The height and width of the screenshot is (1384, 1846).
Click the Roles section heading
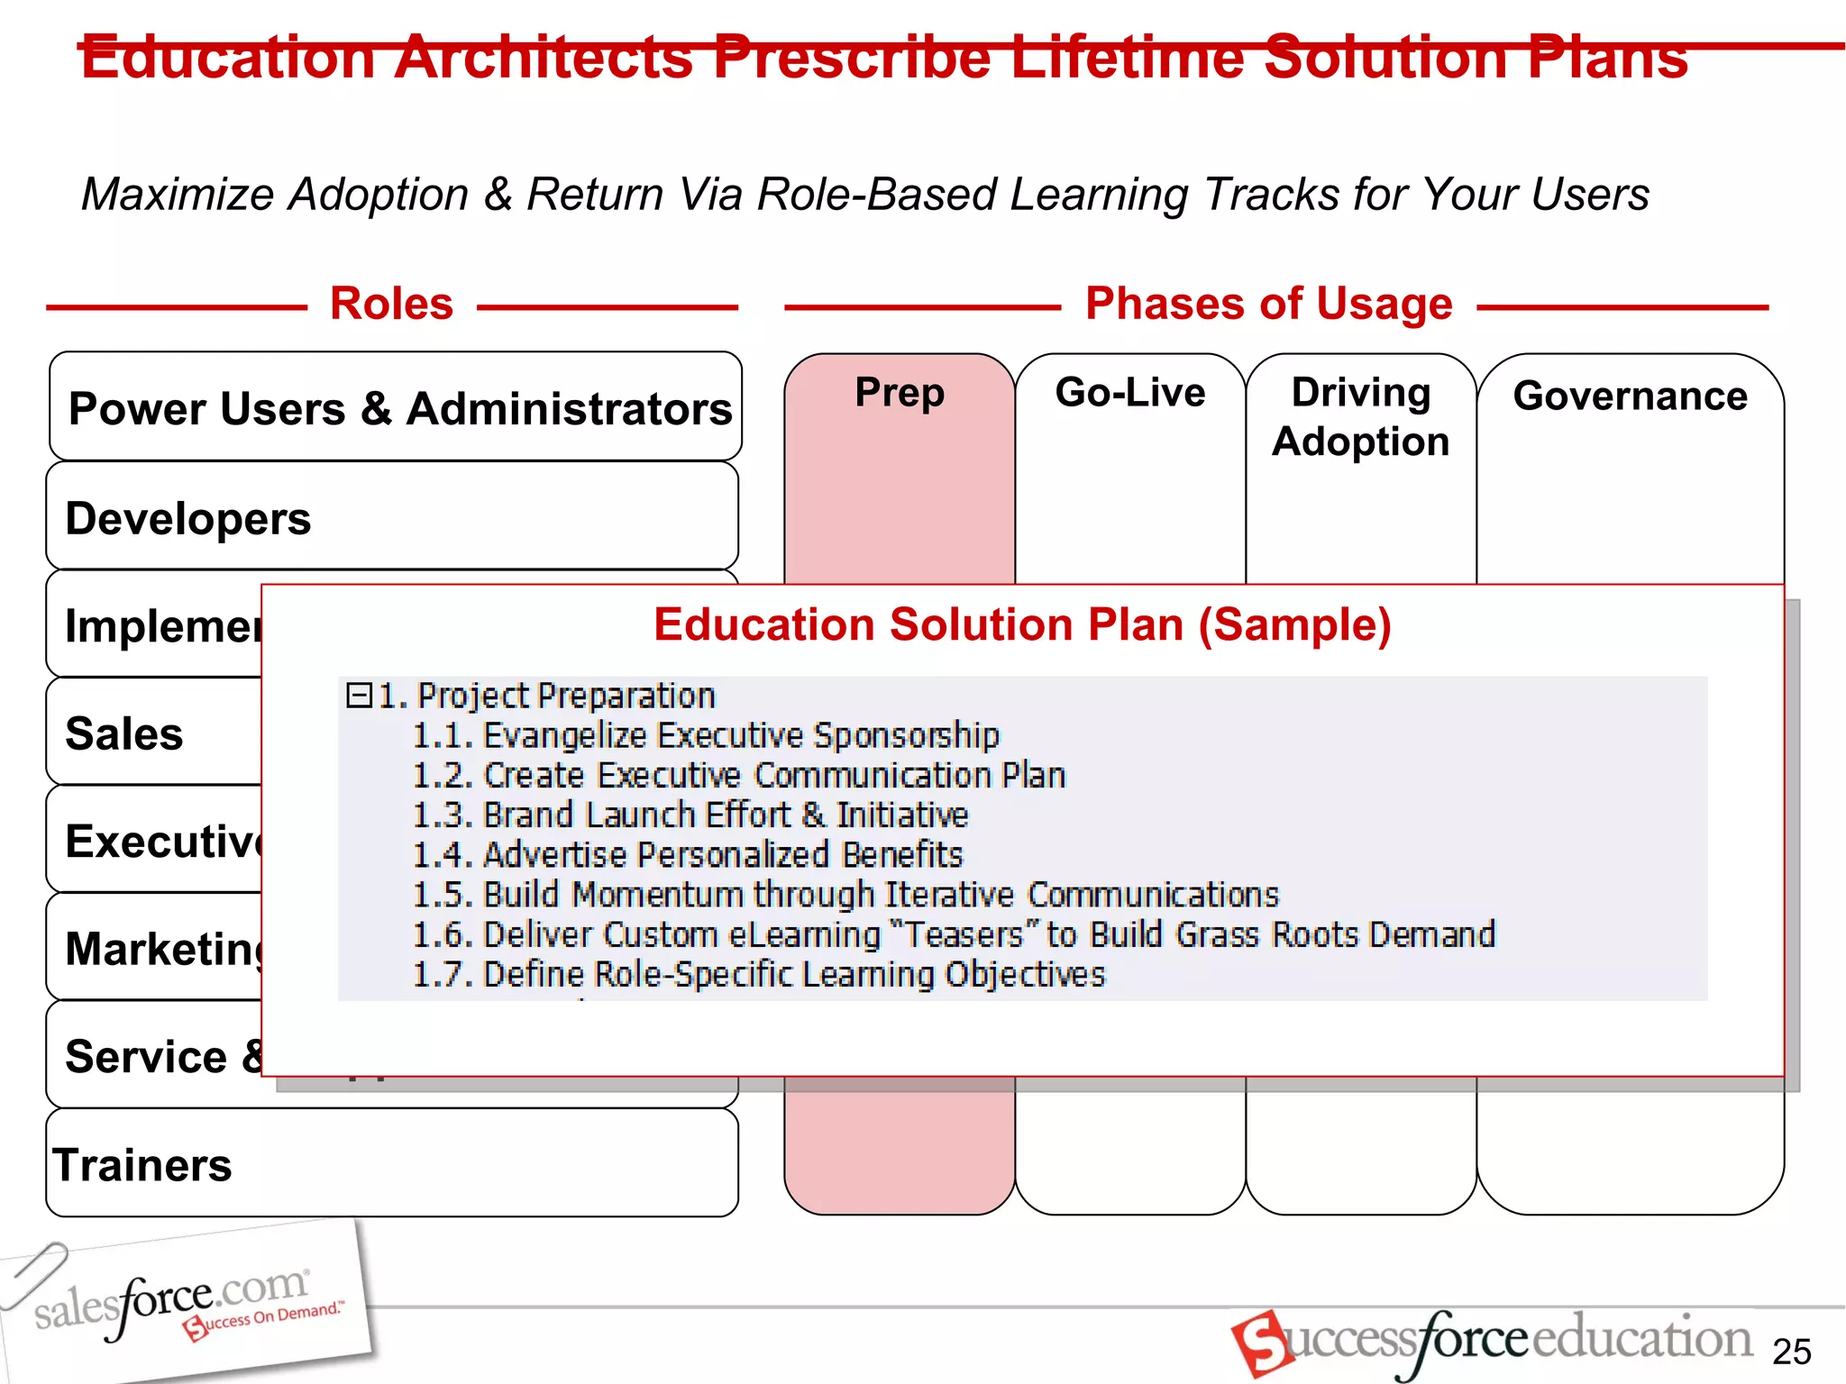coord(391,304)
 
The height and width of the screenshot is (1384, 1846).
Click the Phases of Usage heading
coord(1268,304)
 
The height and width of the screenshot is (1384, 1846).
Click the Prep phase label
coord(900,392)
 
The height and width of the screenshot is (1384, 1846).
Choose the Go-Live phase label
coord(1129,392)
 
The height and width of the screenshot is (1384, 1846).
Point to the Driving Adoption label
coord(1360,416)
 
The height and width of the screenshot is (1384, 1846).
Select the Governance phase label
coord(1630,396)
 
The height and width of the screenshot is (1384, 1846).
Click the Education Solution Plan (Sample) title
coord(1022,624)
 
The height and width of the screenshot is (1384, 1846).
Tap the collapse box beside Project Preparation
coord(359,695)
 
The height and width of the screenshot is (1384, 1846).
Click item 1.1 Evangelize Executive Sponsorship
coord(705,735)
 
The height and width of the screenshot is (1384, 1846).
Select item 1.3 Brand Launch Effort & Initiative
coord(690,815)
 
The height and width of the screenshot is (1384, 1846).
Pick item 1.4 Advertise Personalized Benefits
coord(687,854)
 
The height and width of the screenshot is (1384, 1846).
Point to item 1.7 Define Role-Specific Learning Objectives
coord(757,974)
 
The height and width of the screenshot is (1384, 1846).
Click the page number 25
coord(1791,1352)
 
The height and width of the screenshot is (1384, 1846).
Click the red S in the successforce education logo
coord(1260,1343)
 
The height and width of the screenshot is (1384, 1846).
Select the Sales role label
coord(124,733)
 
